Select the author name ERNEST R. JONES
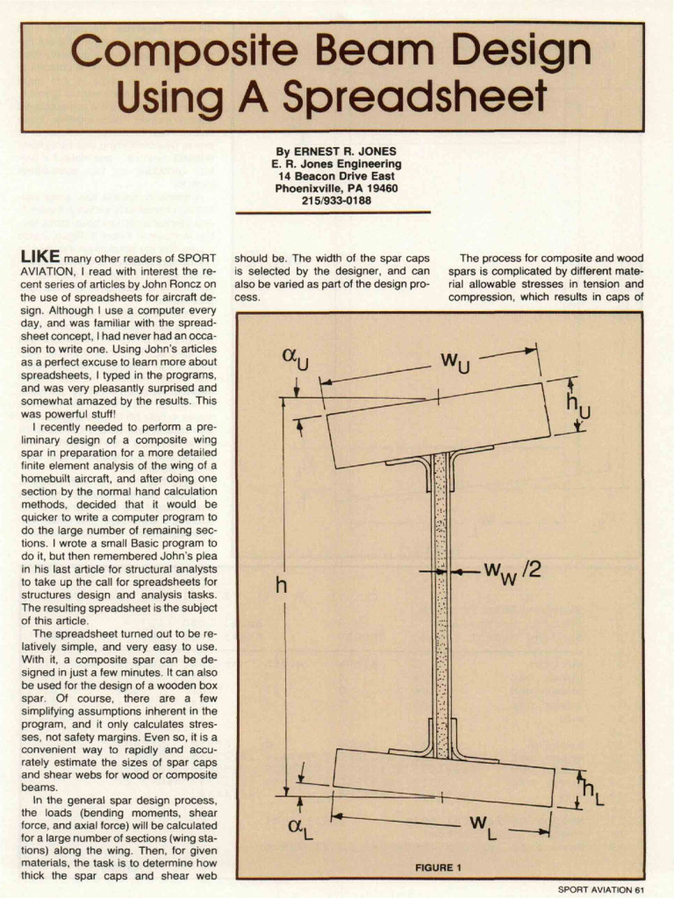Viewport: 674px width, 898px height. [x=334, y=151]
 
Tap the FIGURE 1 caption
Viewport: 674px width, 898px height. [x=438, y=867]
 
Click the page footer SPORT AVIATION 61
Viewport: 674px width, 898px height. [x=601, y=888]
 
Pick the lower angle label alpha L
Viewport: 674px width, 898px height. [x=299, y=827]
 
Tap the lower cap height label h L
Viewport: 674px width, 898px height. [x=594, y=791]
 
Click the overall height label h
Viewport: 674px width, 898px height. [x=281, y=585]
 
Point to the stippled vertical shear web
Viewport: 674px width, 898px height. [x=441, y=605]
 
